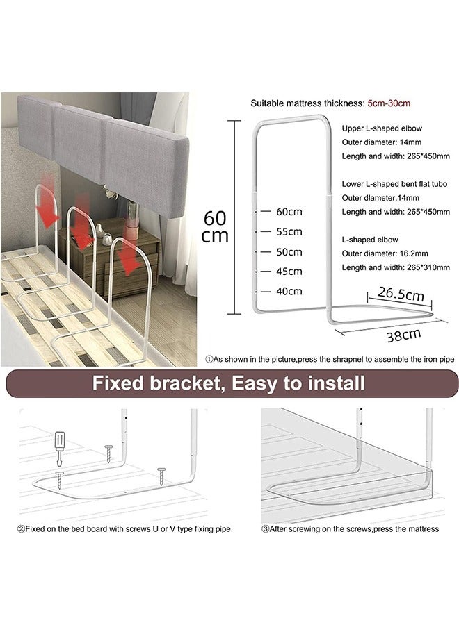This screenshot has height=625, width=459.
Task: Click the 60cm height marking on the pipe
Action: pos(289,210)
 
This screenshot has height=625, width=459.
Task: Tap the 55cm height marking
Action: pos(289,231)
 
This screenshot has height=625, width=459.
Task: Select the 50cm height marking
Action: pos(289,251)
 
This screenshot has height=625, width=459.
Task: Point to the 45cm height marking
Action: pos(289,272)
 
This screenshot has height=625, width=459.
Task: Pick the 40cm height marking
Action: pos(289,291)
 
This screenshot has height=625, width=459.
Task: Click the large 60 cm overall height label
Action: pos(215,226)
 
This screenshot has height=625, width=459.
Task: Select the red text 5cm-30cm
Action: pos(390,103)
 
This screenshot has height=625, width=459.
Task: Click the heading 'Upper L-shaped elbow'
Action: pos(382,128)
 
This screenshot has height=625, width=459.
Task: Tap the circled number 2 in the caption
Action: pos(21,529)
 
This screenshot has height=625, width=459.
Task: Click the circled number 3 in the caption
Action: pos(266,529)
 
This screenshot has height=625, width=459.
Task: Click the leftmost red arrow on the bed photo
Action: pos(48,208)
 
